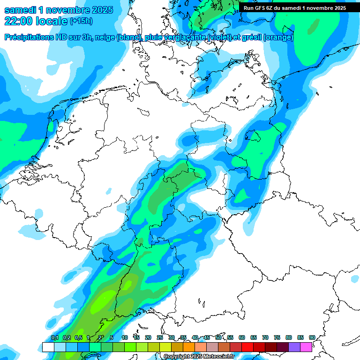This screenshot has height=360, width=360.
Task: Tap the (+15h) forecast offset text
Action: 81,21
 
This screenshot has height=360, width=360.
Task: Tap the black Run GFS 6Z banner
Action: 294,7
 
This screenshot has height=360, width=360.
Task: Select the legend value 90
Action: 312,337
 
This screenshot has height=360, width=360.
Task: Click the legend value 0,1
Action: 55,337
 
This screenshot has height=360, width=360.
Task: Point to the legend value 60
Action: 242,337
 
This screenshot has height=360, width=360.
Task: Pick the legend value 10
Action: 125,337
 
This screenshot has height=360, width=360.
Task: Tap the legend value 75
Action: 277,337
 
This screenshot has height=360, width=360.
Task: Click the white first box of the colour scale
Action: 48,347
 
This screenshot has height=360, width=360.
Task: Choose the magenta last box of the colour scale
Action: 306,347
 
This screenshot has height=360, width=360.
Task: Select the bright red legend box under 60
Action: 247,347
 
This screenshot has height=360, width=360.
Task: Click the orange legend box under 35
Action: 189,347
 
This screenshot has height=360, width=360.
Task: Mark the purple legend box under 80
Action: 294,347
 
